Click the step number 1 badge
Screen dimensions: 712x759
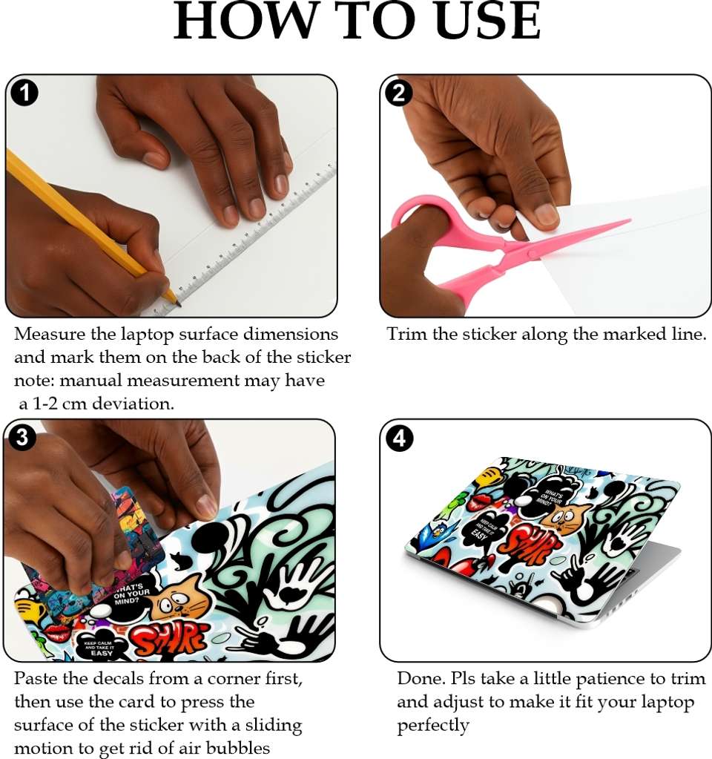[x=24, y=93]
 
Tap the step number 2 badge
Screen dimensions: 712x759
[x=398, y=93]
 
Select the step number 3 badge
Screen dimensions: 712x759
[x=22, y=437]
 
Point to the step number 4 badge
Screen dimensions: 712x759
[x=399, y=438]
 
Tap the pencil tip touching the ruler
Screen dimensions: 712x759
[x=179, y=304]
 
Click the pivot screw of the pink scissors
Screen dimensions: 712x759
[x=532, y=254]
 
